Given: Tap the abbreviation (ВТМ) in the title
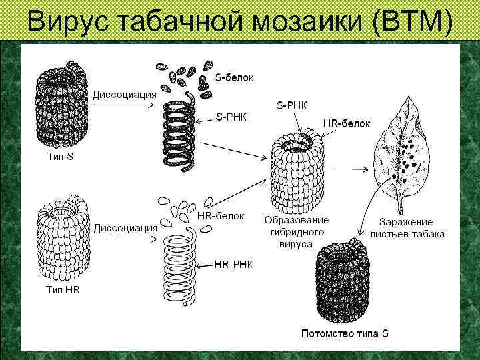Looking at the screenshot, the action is (414, 22).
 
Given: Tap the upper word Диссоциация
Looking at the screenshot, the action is (125, 94).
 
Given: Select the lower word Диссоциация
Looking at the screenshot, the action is (125, 227).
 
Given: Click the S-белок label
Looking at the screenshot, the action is (234, 78).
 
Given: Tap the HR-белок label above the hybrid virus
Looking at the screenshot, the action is (346, 123).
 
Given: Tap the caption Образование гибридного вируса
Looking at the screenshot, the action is (296, 232).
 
